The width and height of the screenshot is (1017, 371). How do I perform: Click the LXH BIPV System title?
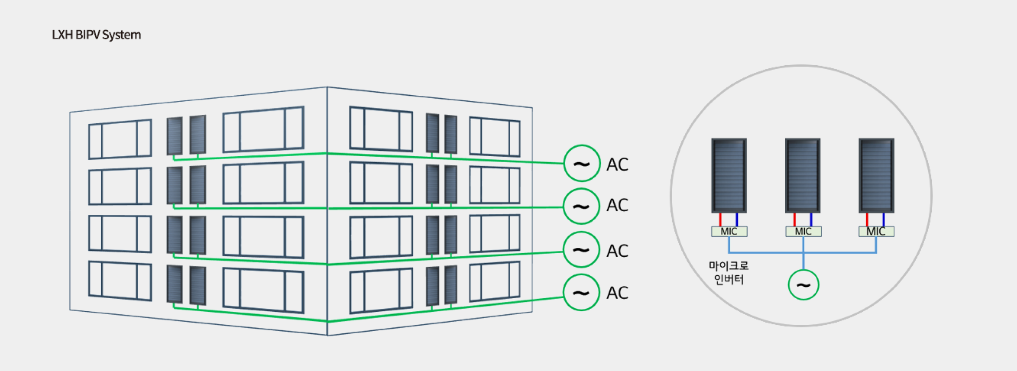click(96, 35)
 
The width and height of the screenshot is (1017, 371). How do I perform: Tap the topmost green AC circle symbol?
click(582, 163)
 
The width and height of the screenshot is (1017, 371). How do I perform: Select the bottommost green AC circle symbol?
click(581, 292)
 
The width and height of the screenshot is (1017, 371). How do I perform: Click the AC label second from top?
click(617, 205)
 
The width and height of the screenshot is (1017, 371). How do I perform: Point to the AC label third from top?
click(617, 251)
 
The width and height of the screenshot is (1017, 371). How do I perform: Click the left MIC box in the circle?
click(729, 232)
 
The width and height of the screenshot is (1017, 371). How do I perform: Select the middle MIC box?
click(803, 232)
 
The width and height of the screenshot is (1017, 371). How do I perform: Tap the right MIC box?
click(876, 232)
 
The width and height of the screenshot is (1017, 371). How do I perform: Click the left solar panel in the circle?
click(729, 175)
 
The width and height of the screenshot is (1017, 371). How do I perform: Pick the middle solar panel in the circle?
click(803, 175)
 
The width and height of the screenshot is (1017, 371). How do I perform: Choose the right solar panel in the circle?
click(876, 175)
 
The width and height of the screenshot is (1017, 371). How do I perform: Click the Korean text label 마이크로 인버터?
click(729, 273)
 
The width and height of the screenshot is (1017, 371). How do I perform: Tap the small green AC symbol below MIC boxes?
click(803, 285)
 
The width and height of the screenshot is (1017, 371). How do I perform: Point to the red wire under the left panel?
click(720, 220)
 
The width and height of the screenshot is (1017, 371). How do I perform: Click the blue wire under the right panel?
click(884, 220)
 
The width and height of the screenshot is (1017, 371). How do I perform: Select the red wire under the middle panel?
click(795, 220)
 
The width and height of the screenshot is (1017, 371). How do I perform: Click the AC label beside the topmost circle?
click(617, 165)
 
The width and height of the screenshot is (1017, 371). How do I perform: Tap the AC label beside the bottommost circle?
click(617, 293)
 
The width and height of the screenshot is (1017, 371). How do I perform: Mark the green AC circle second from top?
click(581, 206)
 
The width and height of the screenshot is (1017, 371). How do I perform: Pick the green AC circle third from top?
click(581, 249)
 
